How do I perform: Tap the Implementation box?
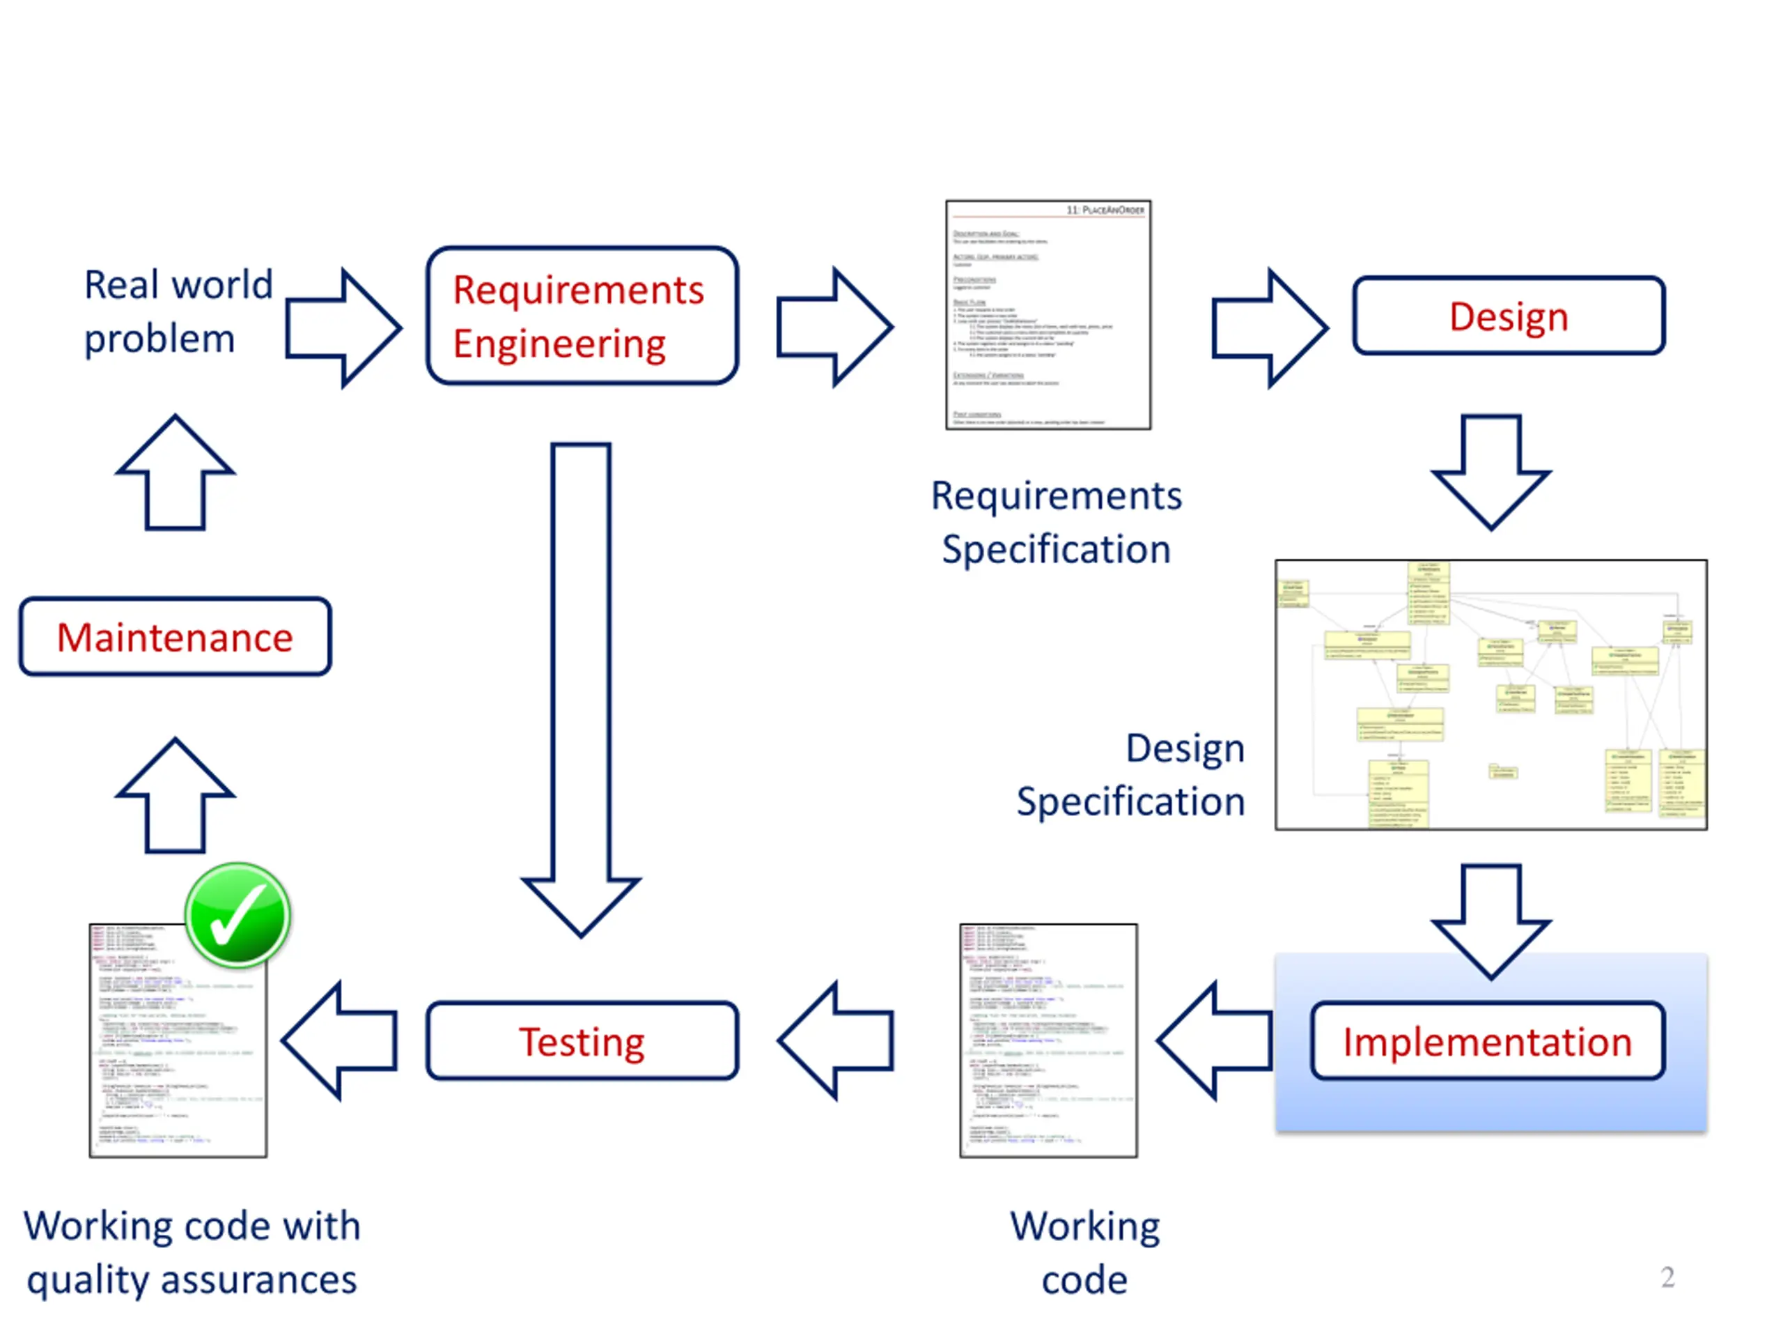coord(1487,1040)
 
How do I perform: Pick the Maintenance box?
coord(175,636)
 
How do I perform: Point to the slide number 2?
coord(1667,1277)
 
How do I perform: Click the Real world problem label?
coord(178,312)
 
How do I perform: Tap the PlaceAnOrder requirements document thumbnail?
coord(1048,314)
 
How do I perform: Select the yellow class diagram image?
coord(1490,693)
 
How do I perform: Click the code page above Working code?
coord(1048,1040)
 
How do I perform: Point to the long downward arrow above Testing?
coord(581,686)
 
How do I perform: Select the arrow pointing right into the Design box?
coord(1270,328)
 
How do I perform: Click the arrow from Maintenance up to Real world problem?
coord(175,472)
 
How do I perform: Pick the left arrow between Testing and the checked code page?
coord(340,1040)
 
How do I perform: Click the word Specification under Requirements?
coord(1056,549)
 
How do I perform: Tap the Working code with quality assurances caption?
coord(192,1252)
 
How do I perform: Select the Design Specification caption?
coord(1130,774)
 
